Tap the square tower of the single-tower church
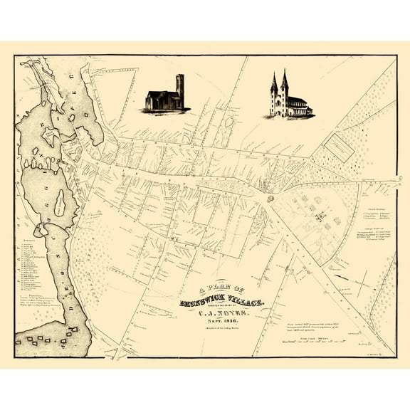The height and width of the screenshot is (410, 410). pyautogui.click(x=179, y=90)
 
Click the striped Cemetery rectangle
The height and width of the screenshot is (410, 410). pyautogui.click(x=338, y=147)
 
